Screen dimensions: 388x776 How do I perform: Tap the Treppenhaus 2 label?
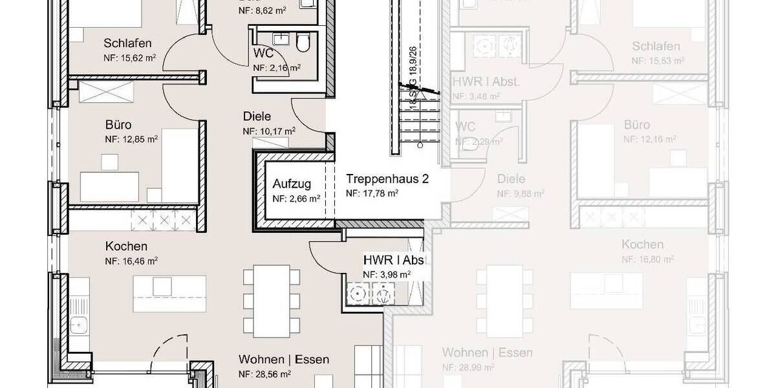coord(387,178)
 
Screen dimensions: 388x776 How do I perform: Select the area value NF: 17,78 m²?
coord(372,193)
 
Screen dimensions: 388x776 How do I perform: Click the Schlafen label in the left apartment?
coord(127,43)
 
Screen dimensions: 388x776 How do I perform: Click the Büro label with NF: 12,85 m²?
coord(118,124)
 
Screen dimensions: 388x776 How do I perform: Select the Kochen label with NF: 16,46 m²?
coord(126,246)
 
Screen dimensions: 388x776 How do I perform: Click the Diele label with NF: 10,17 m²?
coord(257,116)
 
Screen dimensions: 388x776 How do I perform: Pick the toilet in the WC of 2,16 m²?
coord(302,43)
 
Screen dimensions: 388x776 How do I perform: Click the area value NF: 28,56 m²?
coord(264,374)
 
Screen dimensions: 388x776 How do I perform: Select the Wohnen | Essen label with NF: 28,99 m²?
coord(488,352)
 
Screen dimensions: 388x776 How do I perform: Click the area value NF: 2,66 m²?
coord(296,199)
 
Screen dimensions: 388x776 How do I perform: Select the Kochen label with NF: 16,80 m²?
coord(642,244)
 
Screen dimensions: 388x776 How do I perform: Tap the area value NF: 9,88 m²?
coord(520,193)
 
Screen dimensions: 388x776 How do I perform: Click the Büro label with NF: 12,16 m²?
coord(637,124)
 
